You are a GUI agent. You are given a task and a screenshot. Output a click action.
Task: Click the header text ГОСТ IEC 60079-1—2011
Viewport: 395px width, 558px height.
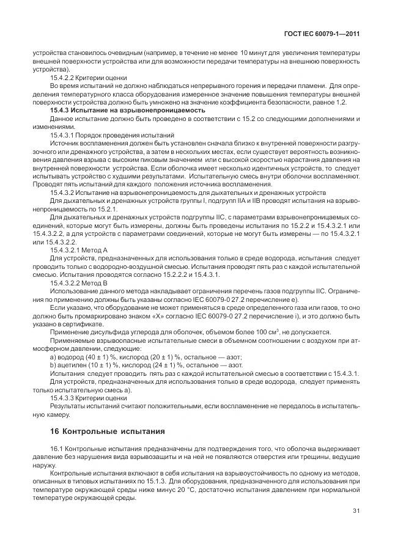[x=323, y=35]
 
